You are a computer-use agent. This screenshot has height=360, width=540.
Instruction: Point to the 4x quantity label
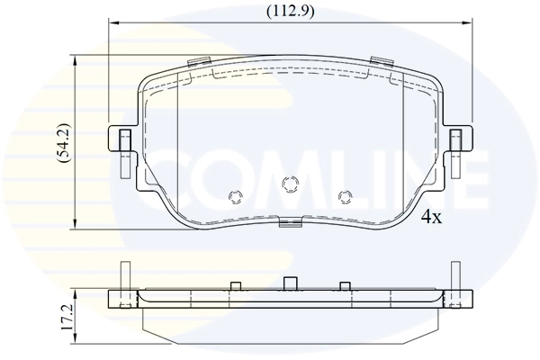[432, 217]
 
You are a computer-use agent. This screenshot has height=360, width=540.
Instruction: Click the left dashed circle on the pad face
[237, 196]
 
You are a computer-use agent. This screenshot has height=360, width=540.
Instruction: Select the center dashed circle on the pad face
[290, 184]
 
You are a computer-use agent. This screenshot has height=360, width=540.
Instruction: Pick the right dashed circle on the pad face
[344, 196]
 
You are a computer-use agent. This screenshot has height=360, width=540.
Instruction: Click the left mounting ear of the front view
[121, 142]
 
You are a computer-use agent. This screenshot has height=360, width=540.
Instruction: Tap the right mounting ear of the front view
[458, 142]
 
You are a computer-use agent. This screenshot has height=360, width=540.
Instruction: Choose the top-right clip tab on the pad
[382, 62]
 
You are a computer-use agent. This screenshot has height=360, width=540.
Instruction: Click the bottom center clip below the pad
[290, 223]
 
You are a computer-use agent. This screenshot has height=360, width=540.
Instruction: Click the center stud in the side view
[290, 283]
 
